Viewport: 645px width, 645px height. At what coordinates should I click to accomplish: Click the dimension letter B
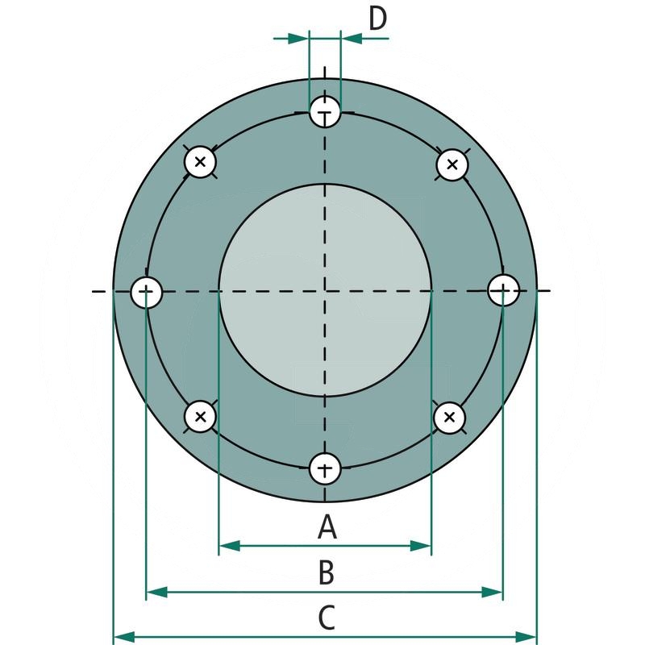[x=326, y=573]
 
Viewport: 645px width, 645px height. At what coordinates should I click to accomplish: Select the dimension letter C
[x=326, y=618]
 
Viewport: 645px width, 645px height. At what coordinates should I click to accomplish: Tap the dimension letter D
[x=377, y=18]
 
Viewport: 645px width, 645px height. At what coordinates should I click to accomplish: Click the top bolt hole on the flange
[x=325, y=113]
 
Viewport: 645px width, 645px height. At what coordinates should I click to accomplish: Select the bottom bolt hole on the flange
[x=325, y=468]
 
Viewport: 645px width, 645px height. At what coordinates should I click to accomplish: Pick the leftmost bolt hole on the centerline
[x=147, y=291]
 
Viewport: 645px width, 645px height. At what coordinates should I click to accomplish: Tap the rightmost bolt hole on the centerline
[x=503, y=290]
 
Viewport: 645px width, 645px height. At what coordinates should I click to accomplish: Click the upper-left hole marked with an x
[x=200, y=163]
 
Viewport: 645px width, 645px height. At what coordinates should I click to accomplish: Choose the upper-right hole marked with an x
[x=452, y=165]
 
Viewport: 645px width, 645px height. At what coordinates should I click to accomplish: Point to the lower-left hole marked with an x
[x=200, y=417]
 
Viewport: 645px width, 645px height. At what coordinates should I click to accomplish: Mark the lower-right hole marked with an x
[x=450, y=417]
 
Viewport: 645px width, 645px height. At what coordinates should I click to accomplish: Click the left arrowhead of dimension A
[x=229, y=547]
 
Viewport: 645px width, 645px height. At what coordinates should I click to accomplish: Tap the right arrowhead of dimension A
[x=422, y=547]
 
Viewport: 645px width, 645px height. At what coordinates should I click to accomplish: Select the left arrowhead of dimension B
[x=156, y=593]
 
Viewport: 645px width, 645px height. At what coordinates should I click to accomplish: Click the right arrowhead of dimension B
[x=493, y=593]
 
